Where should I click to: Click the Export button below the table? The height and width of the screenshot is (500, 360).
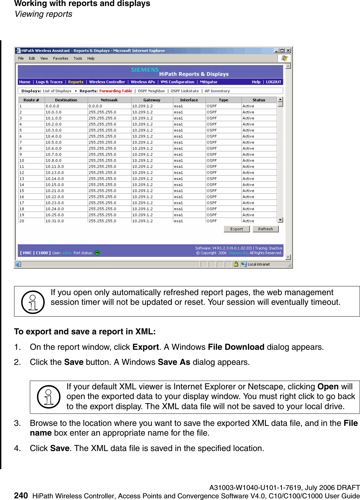click(x=237, y=229)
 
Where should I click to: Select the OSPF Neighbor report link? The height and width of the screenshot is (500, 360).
click(x=151, y=91)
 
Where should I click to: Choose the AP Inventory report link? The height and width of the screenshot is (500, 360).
click(x=217, y=91)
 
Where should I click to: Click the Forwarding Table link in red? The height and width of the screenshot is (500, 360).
click(x=116, y=91)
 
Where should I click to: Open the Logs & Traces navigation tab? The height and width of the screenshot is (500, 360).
click(x=49, y=82)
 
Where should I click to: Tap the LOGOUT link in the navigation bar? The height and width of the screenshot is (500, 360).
click(x=273, y=82)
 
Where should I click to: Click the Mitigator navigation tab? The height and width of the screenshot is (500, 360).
click(x=209, y=82)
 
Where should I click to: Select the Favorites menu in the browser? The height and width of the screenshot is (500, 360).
click(x=60, y=58)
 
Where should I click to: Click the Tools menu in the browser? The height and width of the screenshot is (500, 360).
click(x=78, y=58)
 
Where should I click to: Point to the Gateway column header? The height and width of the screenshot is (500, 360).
click(x=152, y=100)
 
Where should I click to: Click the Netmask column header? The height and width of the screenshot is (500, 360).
click(x=109, y=100)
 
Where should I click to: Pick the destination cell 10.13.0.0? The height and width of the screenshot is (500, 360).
click(x=55, y=173)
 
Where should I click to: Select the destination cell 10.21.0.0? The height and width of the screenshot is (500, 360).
click(x=55, y=191)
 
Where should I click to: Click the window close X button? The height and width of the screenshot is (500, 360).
click(x=288, y=51)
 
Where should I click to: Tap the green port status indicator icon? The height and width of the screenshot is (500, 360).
click(x=97, y=253)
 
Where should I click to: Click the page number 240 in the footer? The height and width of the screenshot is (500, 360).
click(x=21, y=496)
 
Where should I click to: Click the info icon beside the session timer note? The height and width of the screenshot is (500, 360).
click(x=33, y=302)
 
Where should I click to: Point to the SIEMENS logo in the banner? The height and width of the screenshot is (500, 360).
click(x=145, y=70)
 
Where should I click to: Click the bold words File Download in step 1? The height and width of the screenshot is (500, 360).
click(x=236, y=347)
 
